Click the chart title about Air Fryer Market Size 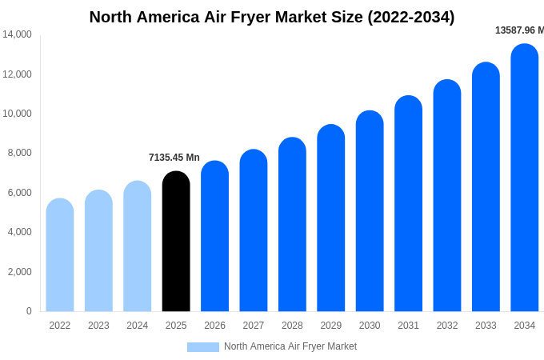click(x=272, y=17)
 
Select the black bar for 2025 click(x=176, y=244)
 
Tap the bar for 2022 click(x=60, y=256)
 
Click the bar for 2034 click(x=525, y=180)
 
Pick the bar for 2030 click(x=370, y=212)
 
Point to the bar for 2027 click(x=254, y=232)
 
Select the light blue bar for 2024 click(x=138, y=248)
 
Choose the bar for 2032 click(x=447, y=196)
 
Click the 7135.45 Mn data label click(x=174, y=158)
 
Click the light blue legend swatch click(x=203, y=346)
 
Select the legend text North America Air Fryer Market click(x=290, y=346)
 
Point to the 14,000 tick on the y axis click(x=17, y=34)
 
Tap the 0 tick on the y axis click(x=29, y=311)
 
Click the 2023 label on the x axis click(x=98, y=326)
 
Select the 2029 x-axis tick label click(x=331, y=326)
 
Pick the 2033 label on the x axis click(x=486, y=326)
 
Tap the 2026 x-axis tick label click(x=214, y=326)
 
